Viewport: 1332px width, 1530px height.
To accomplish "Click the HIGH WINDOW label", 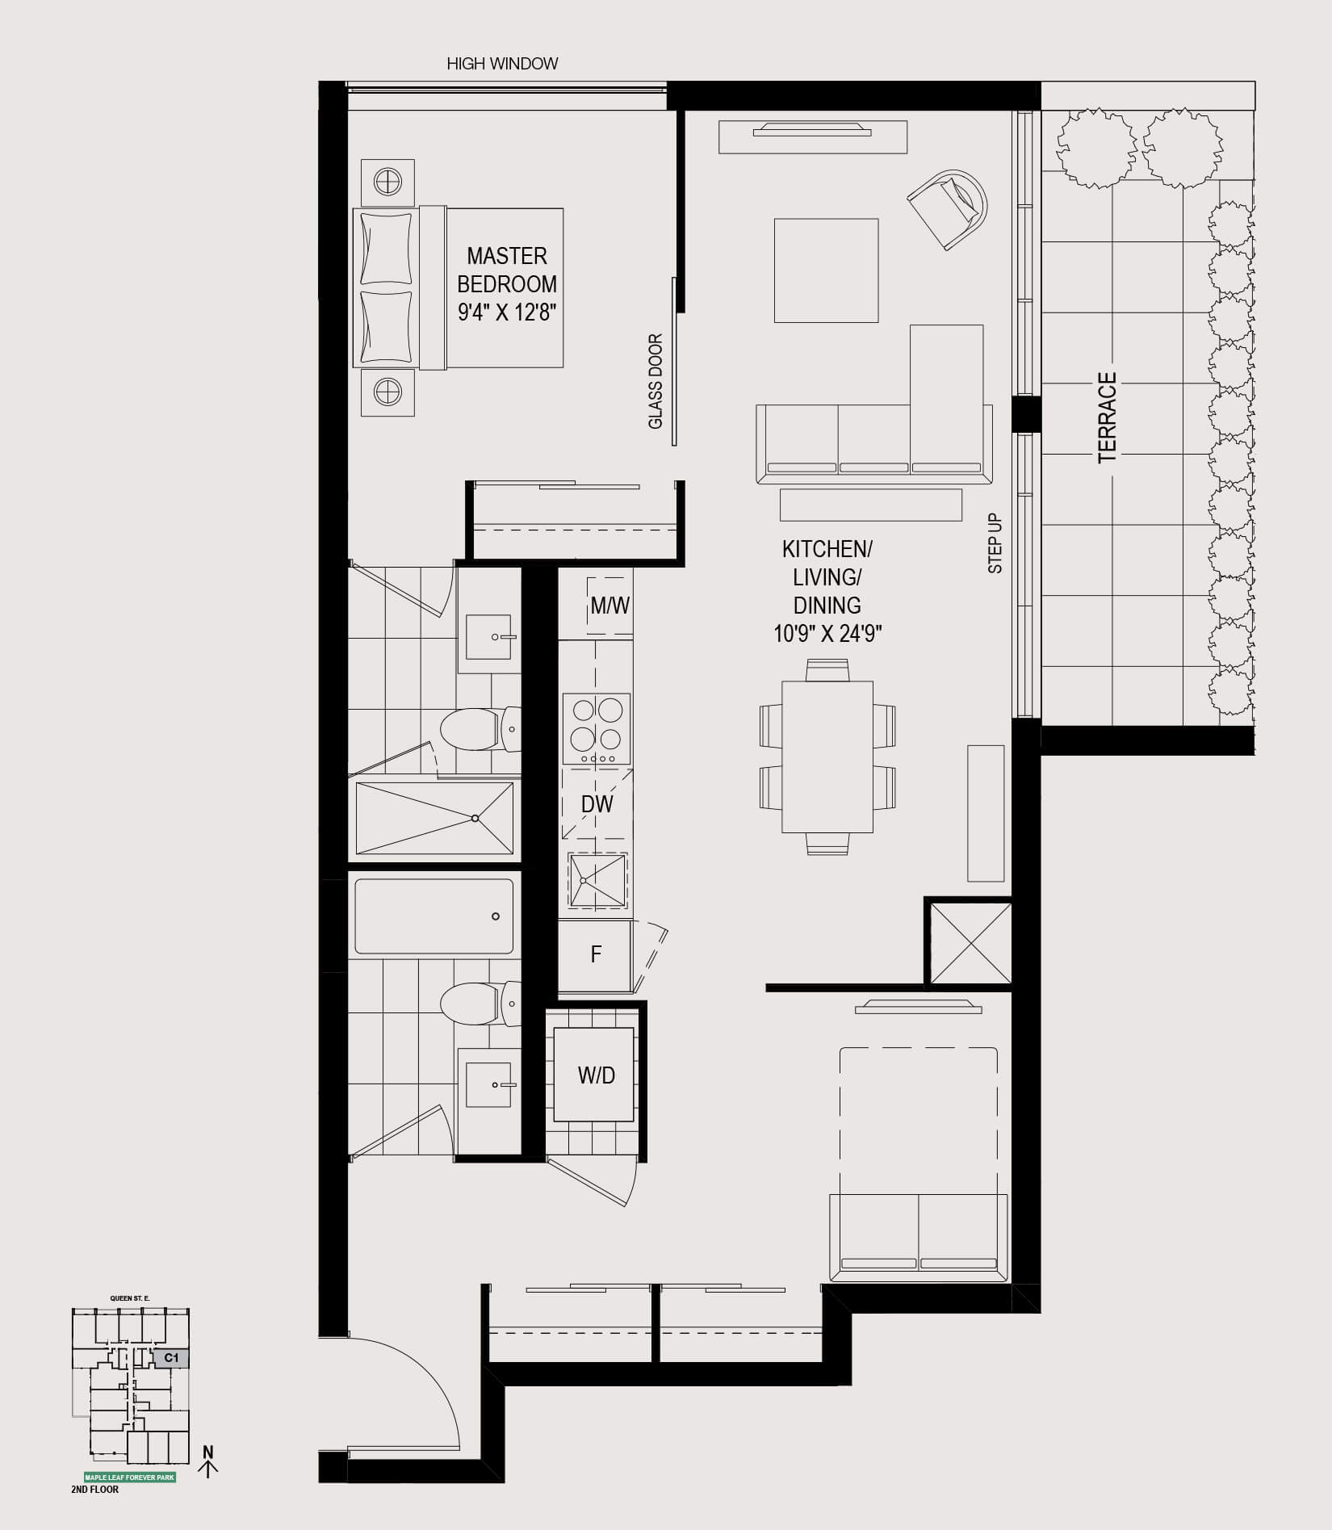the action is pos(502,64).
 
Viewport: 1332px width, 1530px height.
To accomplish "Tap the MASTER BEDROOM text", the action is pos(507,270).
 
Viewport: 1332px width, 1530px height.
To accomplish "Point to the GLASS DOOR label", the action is pos(656,381).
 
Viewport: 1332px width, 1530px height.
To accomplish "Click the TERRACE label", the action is pos(1107,417).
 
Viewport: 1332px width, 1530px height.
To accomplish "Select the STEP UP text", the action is pos(995,543).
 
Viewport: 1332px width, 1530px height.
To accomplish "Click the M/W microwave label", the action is pos(609,606).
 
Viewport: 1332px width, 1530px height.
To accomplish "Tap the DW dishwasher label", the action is pos(597,803).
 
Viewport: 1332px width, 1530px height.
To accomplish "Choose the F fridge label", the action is pos(596,954).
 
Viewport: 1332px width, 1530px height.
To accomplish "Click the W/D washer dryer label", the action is pos(596,1075).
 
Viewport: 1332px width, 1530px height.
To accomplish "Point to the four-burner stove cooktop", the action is pos(597,729).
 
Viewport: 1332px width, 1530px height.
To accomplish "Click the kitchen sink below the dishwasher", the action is pos(597,880).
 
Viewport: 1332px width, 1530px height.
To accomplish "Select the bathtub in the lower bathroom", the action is pos(434,916).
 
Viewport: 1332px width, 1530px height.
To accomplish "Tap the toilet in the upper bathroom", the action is pos(480,729).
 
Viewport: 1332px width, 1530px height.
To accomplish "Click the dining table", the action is pos(827,757).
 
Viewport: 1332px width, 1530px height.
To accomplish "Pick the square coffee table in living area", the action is pos(826,270).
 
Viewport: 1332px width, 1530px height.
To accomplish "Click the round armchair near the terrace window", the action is pos(949,208).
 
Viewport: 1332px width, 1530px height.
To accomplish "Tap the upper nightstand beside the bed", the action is pos(388,182).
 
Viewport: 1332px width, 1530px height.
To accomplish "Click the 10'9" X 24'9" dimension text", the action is pos(827,634).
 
